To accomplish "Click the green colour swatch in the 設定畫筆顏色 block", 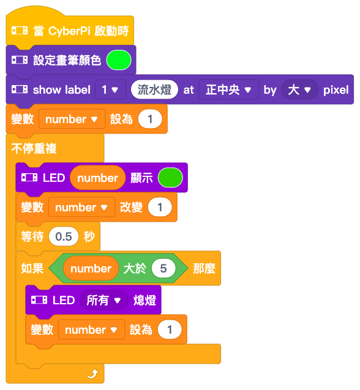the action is pyautogui.click(x=119, y=60).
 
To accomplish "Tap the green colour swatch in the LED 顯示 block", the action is pyautogui.click(x=170, y=178).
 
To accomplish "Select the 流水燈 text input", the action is pyautogui.click(x=154, y=89).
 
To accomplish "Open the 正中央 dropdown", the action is pyautogui.click(x=228, y=89).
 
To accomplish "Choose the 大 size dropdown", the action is pyautogui.click(x=299, y=89).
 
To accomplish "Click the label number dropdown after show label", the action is pyautogui.click(x=110, y=89).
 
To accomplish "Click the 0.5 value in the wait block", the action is pyautogui.click(x=64, y=236).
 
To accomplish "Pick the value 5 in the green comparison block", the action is pyautogui.click(x=163, y=268).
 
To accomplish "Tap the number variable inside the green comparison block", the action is pyautogui.click(x=91, y=268).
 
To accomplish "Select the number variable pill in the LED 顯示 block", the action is pyautogui.click(x=98, y=178).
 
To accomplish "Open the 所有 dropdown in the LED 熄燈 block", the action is pyautogui.click(x=103, y=300).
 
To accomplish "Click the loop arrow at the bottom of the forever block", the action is pyautogui.click(x=92, y=373).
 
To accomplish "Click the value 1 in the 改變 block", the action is pyautogui.click(x=160, y=207).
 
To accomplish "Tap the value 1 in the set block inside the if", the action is pyautogui.click(x=170, y=329).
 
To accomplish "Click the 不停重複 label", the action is pyautogui.click(x=34, y=149).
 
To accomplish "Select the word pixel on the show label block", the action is pyautogui.click(x=336, y=90).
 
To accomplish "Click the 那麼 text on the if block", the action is pyautogui.click(x=204, y=269).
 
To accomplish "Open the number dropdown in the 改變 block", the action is pyautogui.click(x=81, y=207).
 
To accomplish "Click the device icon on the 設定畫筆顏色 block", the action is pyautogui.click(x=20, y=60).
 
